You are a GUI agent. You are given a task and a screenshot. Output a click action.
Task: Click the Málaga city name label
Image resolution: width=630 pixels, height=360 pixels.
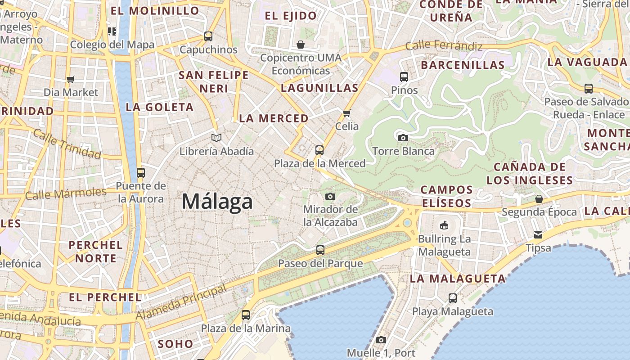click(x=217, y=201)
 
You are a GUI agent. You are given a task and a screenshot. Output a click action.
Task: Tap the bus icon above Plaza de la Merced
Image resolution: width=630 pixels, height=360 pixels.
click(x=319, y=150)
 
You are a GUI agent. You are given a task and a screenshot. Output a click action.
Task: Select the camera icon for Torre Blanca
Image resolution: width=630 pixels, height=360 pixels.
click(x=403, y=138)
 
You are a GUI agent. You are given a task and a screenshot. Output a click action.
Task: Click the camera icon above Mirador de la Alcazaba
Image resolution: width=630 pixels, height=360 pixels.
click(x=330, y=196)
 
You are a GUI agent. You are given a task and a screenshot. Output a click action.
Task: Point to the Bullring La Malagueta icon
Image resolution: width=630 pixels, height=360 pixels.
click(x=444, y=225)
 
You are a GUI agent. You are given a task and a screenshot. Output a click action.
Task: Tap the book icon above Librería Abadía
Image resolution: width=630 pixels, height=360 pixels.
click(x=216, y=138)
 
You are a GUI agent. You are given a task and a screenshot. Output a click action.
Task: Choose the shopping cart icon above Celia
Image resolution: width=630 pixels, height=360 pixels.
click(x=347, y=113)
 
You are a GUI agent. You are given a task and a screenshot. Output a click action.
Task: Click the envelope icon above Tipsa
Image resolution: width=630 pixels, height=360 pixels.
click(x=538, y=234)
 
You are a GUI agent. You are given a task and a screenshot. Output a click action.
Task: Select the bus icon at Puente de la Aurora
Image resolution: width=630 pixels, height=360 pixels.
click(x=141, y=172)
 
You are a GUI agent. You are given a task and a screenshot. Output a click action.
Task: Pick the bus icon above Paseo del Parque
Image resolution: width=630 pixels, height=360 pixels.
click(x=320, y=250)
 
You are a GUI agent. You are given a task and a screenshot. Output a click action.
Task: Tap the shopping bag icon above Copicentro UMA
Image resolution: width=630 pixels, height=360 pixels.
click(x=301, y=45)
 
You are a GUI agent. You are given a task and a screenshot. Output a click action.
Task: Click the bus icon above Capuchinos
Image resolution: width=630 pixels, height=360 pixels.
click(x=208, y=36)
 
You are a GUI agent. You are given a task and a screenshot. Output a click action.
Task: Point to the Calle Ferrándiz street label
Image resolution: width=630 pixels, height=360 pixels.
click(x=444, y=46)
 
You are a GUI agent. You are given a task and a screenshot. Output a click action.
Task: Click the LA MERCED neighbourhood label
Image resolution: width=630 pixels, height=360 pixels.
click(x=274, y=118)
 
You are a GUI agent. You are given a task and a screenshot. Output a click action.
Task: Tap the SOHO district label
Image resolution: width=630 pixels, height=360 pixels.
click(x=175, y=344)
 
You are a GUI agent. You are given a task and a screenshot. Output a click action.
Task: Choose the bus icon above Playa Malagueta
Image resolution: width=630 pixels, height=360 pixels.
click(x=453, y=298)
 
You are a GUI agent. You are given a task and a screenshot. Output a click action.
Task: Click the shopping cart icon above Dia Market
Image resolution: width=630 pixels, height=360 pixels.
click(x=70, y=80)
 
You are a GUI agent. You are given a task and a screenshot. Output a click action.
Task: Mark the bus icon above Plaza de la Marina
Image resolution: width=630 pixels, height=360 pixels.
click(x=246, y=315)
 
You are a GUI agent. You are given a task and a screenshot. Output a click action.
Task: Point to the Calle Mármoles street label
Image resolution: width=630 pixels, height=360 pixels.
click(x=66, y=193)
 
